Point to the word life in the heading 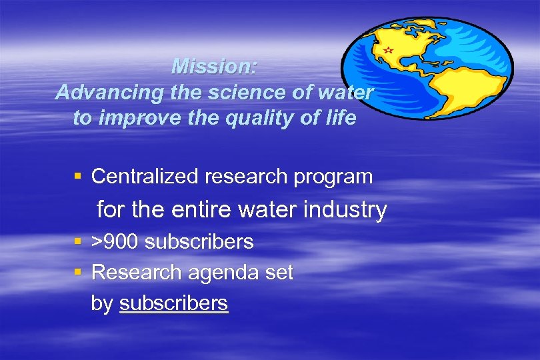[x=341, y=119]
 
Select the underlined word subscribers [x=173, y=303]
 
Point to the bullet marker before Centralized [x=78, y=177]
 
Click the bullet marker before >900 [x=78, y=241]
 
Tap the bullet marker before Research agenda [x=78, y=272]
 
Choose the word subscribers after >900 [x=199, y=241]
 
